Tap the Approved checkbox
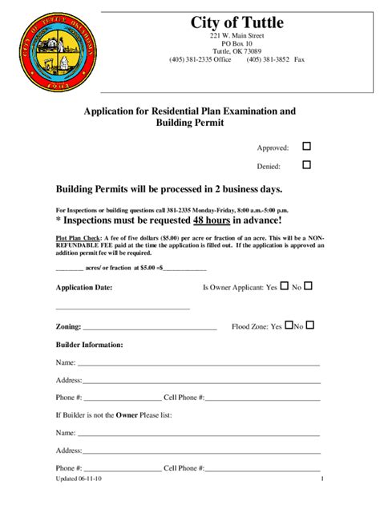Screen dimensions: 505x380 coord(306,147)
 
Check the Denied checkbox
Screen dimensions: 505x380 coord(306,165)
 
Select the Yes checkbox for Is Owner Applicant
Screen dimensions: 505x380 coord(283,285)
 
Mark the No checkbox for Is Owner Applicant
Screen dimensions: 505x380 coord(309,285)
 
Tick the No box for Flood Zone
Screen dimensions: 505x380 coord(310,325)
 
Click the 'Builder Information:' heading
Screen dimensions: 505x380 coord(89,345)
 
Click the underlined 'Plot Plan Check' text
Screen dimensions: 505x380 coord(78,239)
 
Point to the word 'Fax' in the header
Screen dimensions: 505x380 coord(300,59)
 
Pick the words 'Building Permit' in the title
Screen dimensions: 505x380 coord(189,123)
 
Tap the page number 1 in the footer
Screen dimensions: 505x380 coord(321,479)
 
